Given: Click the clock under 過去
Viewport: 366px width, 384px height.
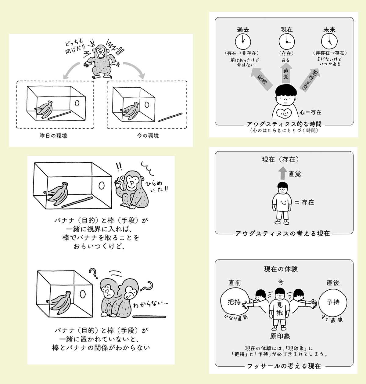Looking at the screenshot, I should pos(243,41).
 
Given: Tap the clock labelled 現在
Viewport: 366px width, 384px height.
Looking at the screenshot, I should pos(286,41).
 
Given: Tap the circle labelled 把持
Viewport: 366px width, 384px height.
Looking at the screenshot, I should pos(234,302).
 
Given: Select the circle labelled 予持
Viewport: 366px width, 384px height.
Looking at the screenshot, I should pos(333,302).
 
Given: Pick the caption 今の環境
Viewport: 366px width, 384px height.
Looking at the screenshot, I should pos(148,136).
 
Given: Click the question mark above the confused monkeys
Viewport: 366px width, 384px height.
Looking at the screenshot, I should pos(92,273).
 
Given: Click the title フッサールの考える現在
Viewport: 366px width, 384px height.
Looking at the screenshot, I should pos(284,366).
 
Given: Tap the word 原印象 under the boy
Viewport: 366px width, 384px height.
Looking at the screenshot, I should pos(280,336).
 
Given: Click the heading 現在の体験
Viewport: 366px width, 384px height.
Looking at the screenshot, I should pos(281,269).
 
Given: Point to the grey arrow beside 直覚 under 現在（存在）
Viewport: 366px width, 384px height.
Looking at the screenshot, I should pos(282,173).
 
